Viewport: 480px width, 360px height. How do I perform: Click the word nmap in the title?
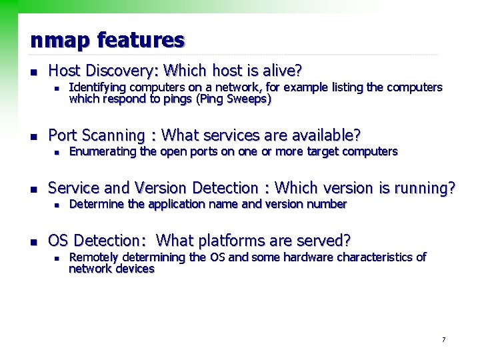coord(61,41)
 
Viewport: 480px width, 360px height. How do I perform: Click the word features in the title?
coord(141,41)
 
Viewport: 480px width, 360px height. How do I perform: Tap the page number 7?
coord(443,340)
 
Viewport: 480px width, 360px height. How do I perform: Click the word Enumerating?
coord(103,151)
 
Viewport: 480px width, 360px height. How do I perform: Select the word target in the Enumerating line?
coord(323,151)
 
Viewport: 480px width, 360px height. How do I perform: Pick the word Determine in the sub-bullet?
coord(97,204)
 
